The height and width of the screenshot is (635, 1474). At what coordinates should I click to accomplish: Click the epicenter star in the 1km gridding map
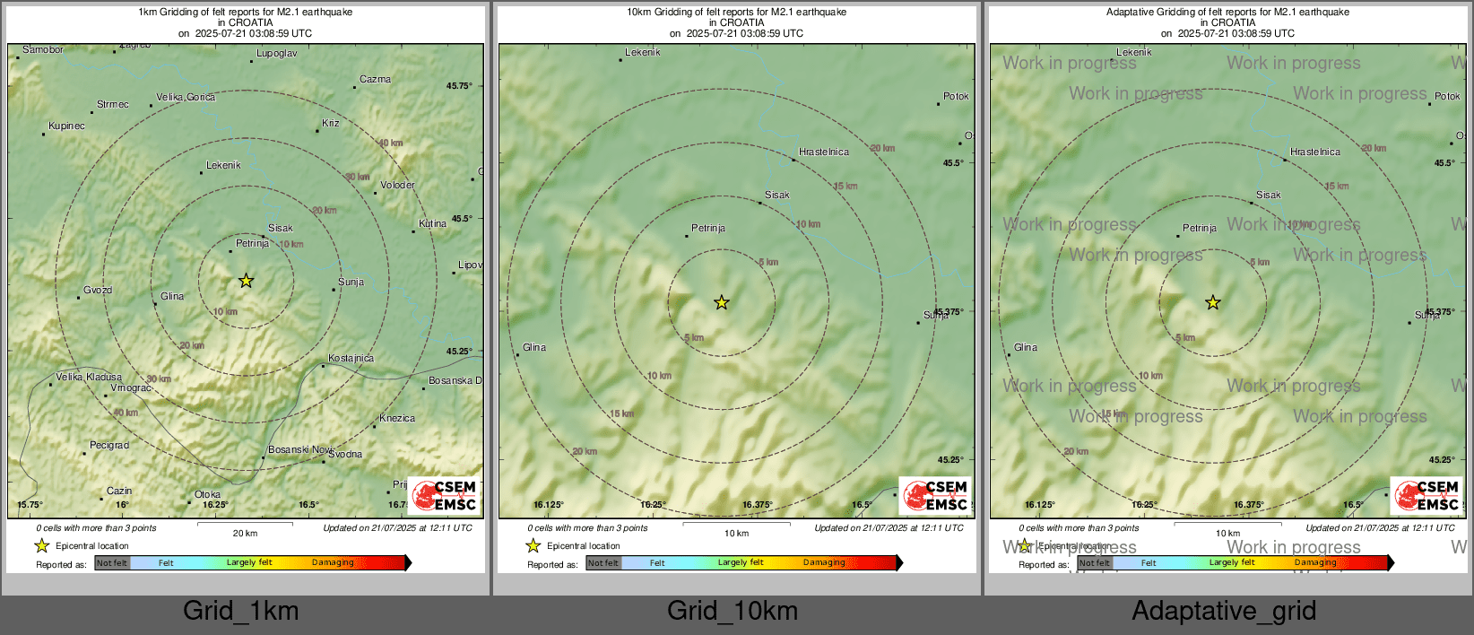[x=246, y=281]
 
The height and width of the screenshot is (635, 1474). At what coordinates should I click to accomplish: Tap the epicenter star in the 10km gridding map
[x=722, y=302]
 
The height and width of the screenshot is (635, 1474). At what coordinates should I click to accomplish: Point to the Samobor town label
[x=43, y=50]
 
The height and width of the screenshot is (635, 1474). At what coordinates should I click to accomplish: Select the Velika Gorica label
[x=186, y=97]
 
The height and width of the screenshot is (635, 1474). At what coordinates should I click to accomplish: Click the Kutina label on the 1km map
[x=432, y=223]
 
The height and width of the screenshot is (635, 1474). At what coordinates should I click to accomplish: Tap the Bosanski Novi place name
[x=299, y=449]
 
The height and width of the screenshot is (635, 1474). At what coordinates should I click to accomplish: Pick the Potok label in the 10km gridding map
[x=956, y=96]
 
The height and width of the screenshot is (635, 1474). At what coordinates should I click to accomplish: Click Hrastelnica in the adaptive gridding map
[x=1315, y=152]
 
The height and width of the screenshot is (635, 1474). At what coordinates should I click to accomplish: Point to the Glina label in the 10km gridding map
[x=534, y=347]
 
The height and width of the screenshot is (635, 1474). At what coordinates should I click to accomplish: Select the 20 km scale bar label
[x=245, y=533]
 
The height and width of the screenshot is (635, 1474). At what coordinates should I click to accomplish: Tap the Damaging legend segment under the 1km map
[x=333, y=563]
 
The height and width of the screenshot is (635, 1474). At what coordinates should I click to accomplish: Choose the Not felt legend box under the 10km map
[x=603, y=563]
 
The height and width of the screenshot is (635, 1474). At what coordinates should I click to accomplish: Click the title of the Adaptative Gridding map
[x=1227, y=13]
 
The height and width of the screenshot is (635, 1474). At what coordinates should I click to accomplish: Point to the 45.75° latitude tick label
[x=459, y=86]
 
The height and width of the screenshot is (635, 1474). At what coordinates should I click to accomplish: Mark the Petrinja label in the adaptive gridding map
[x=1200, y=228]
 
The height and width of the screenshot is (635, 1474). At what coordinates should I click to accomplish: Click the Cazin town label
[x=119, y=491]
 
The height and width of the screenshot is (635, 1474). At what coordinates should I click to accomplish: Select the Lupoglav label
[x=276, y=54]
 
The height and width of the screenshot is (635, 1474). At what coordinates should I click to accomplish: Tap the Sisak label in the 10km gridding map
[x=777, y=195]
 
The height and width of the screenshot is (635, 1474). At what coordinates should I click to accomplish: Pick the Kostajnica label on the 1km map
[x=351, y=358]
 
